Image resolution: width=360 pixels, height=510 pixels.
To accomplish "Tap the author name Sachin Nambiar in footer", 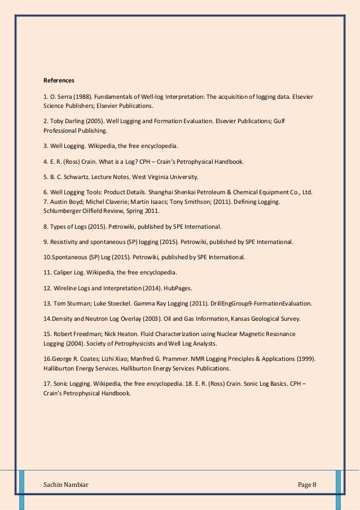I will pos(67,486).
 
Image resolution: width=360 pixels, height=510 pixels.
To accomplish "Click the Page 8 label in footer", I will pos(307,486).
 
